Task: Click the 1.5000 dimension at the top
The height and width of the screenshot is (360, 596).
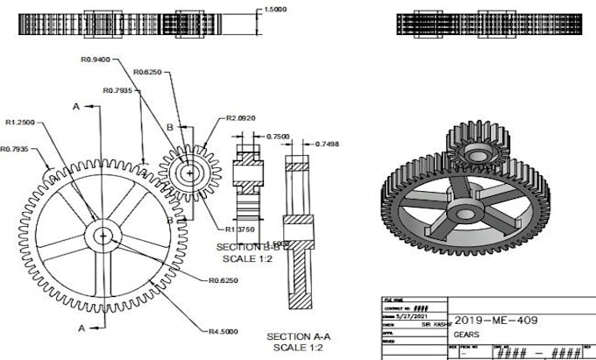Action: point(275,11)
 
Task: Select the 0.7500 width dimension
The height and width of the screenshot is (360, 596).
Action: point(278,137)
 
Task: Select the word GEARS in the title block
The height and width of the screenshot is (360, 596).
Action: point(466,335)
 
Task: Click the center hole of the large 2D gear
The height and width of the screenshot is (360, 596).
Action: point(103,235)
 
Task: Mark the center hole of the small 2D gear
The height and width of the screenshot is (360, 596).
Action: point(184,172)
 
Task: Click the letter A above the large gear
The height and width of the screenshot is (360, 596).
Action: point(76,105)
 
